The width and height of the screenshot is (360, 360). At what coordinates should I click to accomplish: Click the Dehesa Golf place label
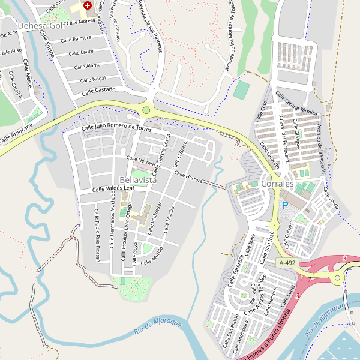point(41,26)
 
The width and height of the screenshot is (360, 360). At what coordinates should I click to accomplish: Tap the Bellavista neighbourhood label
point(138,180)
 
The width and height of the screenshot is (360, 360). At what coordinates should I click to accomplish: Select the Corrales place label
point(277,184)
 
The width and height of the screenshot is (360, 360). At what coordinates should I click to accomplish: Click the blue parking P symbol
point(285,205)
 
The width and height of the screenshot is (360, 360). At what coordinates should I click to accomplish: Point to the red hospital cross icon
point(88,5)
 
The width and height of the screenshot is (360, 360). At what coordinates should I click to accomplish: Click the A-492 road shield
point(286,263)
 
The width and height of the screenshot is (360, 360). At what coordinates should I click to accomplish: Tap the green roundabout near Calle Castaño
point(146,110)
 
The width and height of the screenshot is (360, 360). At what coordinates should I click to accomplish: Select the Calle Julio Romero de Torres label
point(116,128)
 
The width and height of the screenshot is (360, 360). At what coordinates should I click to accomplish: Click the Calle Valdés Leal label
point(112,188)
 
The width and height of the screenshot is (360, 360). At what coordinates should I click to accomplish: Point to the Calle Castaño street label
point(98,91)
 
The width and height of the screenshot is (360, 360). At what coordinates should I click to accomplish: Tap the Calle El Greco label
point(182,155)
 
